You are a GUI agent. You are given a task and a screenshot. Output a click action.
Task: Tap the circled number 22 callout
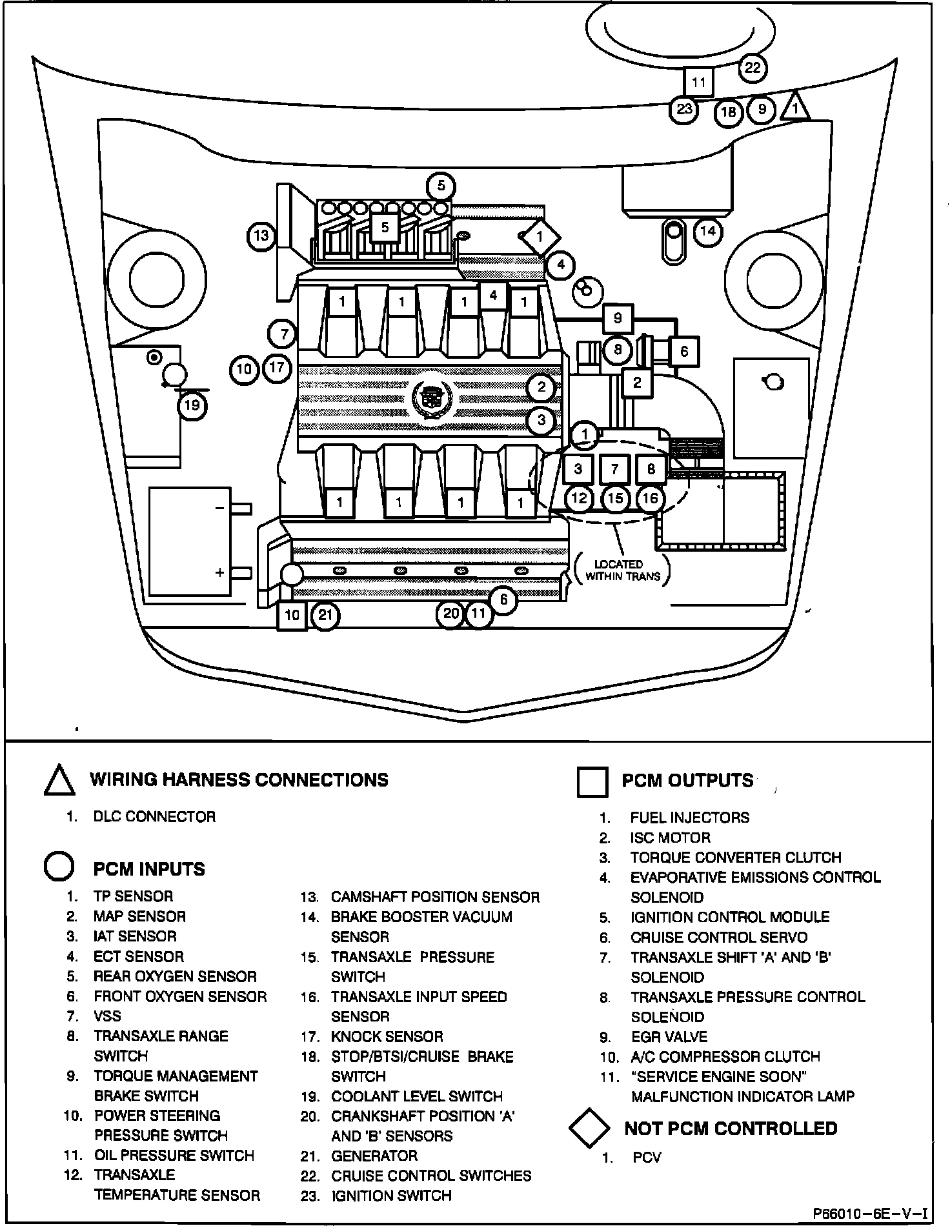tap(753, 68)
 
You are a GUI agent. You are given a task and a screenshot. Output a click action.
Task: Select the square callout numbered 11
tap(699, 83)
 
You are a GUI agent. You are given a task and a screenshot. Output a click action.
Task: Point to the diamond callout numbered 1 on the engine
tap(540, 237)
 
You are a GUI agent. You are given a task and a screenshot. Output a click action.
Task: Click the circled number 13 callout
tap(261, 236)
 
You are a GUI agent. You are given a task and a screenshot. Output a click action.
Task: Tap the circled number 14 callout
tap(708, 231)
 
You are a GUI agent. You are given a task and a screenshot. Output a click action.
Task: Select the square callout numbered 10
tap(292, 615)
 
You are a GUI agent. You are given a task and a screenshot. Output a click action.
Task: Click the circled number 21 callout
tap(325, 615)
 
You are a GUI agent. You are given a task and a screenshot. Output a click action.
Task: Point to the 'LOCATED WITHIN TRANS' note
tap(622, 570)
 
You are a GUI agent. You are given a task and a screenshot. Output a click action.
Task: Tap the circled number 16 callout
tap(651, 498)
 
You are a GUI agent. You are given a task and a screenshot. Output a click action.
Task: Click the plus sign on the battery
tap(220, 572)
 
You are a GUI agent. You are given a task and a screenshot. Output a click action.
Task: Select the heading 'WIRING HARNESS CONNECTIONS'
tap(239, 779)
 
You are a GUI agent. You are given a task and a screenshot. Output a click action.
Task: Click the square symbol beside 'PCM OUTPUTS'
tap(592, 782)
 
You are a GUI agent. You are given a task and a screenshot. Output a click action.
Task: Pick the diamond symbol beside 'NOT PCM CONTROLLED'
tap(589, 1129)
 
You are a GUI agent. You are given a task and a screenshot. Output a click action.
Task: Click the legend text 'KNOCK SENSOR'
tap(387, 1037)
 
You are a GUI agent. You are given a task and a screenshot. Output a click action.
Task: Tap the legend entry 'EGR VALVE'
tap(669, 1037)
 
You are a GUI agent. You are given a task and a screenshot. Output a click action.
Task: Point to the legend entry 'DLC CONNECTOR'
tap(154, 817)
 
